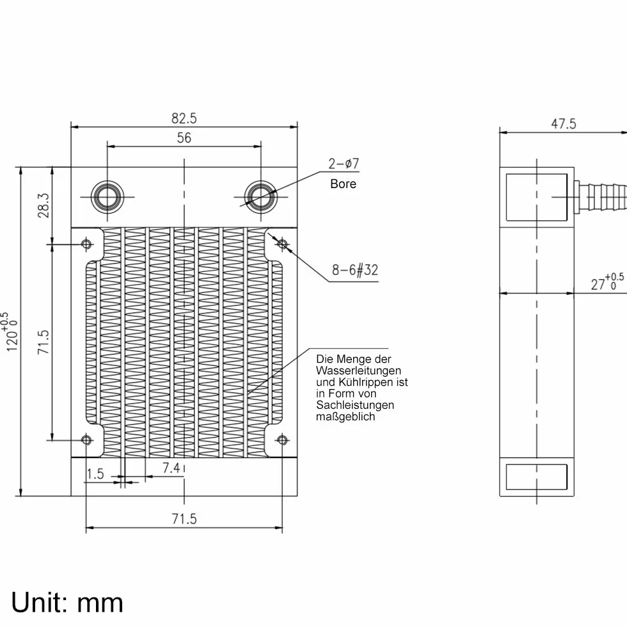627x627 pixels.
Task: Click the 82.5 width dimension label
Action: point(184,118)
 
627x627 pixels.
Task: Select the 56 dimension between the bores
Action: point(184,138)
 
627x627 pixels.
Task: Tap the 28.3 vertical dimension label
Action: point(44,205)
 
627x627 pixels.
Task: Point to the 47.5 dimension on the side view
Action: point(564,124)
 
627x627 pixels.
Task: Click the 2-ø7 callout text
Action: point(344,164)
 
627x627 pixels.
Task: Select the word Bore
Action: point(343,184)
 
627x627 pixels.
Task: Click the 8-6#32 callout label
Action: point(354,270)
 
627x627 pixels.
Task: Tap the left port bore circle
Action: point(107,197)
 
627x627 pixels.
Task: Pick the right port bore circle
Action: point(261,197)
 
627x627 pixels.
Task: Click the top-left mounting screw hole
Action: point(86,244)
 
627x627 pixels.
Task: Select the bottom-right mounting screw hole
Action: point(282,440)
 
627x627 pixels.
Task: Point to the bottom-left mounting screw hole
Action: point(86,440)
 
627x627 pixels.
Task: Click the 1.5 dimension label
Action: point(95,474)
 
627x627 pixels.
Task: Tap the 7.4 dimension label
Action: point(171,468)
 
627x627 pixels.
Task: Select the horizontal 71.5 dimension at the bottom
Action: point(184,519)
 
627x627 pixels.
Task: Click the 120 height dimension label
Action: point(11,332)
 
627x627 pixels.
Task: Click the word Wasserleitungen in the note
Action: point(358,370)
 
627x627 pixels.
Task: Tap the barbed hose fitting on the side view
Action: point(600,198)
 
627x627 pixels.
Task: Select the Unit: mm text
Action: point(67,603)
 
